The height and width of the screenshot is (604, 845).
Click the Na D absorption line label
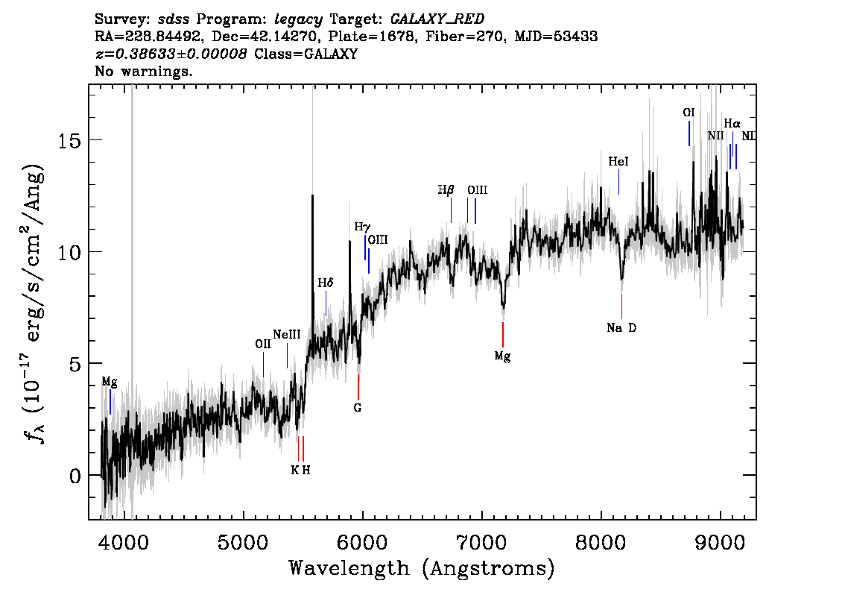coord(621,327)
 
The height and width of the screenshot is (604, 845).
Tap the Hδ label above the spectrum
coord(326,283)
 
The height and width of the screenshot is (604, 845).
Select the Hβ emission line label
coord(446,190)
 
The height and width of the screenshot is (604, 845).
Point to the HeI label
coord(618,161)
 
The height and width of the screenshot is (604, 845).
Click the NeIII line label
coord(287,334)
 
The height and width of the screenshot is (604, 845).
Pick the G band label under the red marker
coord(358,408)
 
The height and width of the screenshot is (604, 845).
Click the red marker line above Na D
coord(621,306)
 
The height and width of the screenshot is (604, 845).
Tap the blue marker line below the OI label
coord(689,133)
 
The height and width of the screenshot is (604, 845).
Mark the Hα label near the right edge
coord(732,124)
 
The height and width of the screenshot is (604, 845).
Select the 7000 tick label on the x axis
coord(481,540)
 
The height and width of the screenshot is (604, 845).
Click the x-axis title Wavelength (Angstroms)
coord(422,568)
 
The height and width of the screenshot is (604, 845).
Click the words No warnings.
coord(144,72)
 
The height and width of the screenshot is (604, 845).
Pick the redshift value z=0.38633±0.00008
coord(171,54)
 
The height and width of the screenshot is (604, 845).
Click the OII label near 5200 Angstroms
coord(263,344)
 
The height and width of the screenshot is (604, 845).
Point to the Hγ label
coord(362,227)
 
